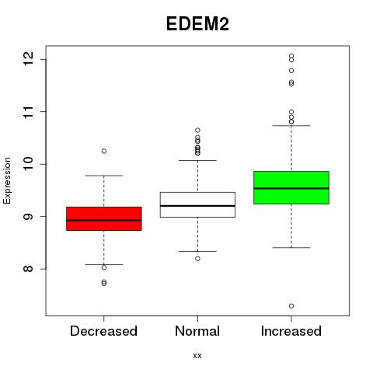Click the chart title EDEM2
[x=197, y=24]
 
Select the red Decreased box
[x=104, y=218]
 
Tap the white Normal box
[x=197, y=204]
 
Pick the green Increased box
[x=291, y=187]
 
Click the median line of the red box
[x=104, y=221]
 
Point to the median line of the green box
[x=291, y=188]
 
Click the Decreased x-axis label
[x=103, y=331]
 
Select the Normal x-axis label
[x=197, y=331]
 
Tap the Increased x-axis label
[x=291, y=331]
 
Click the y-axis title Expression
[x=7, y=180]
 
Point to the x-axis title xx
[x=197, y=356]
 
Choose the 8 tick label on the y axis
[x=29, y=269]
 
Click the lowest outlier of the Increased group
[x=291, y=306]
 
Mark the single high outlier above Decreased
[x=104, y=151]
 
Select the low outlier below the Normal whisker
[x=197, y=259]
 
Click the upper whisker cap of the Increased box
[x=291, y=126]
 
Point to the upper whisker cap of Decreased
[x=104, y=176]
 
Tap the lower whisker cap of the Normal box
[x=197, y=251]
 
